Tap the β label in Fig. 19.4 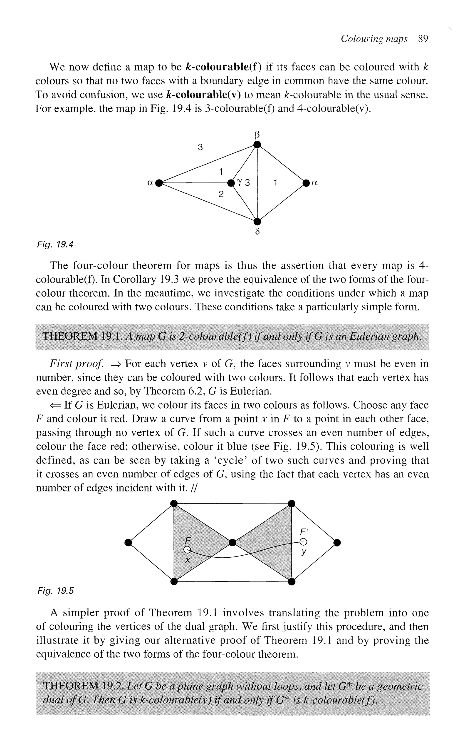coord(258,135)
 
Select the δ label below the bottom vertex coord(258,231)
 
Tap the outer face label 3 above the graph coord(200,147)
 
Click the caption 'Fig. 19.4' coord(55,245)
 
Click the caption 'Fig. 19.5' coord(55,591)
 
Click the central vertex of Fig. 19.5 coord(233,542)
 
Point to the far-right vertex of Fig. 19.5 coord(337,543)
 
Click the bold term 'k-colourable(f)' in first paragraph coord(224,67)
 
